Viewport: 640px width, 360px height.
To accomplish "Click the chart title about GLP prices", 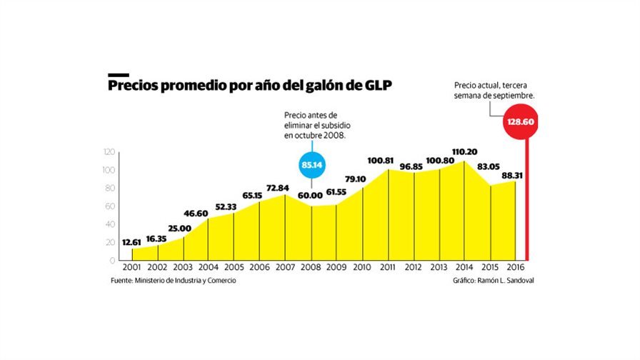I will (x=250, y=86).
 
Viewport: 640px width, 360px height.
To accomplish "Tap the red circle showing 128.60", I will (x=521, y=122).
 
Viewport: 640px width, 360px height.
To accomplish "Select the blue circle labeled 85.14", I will (x=312, y=164).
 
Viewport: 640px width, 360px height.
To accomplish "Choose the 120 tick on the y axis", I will (x=109, y=151).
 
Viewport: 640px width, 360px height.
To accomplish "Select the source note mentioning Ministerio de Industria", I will (x=173, y=281).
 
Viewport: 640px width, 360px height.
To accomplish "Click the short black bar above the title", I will (x=118, y=74).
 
